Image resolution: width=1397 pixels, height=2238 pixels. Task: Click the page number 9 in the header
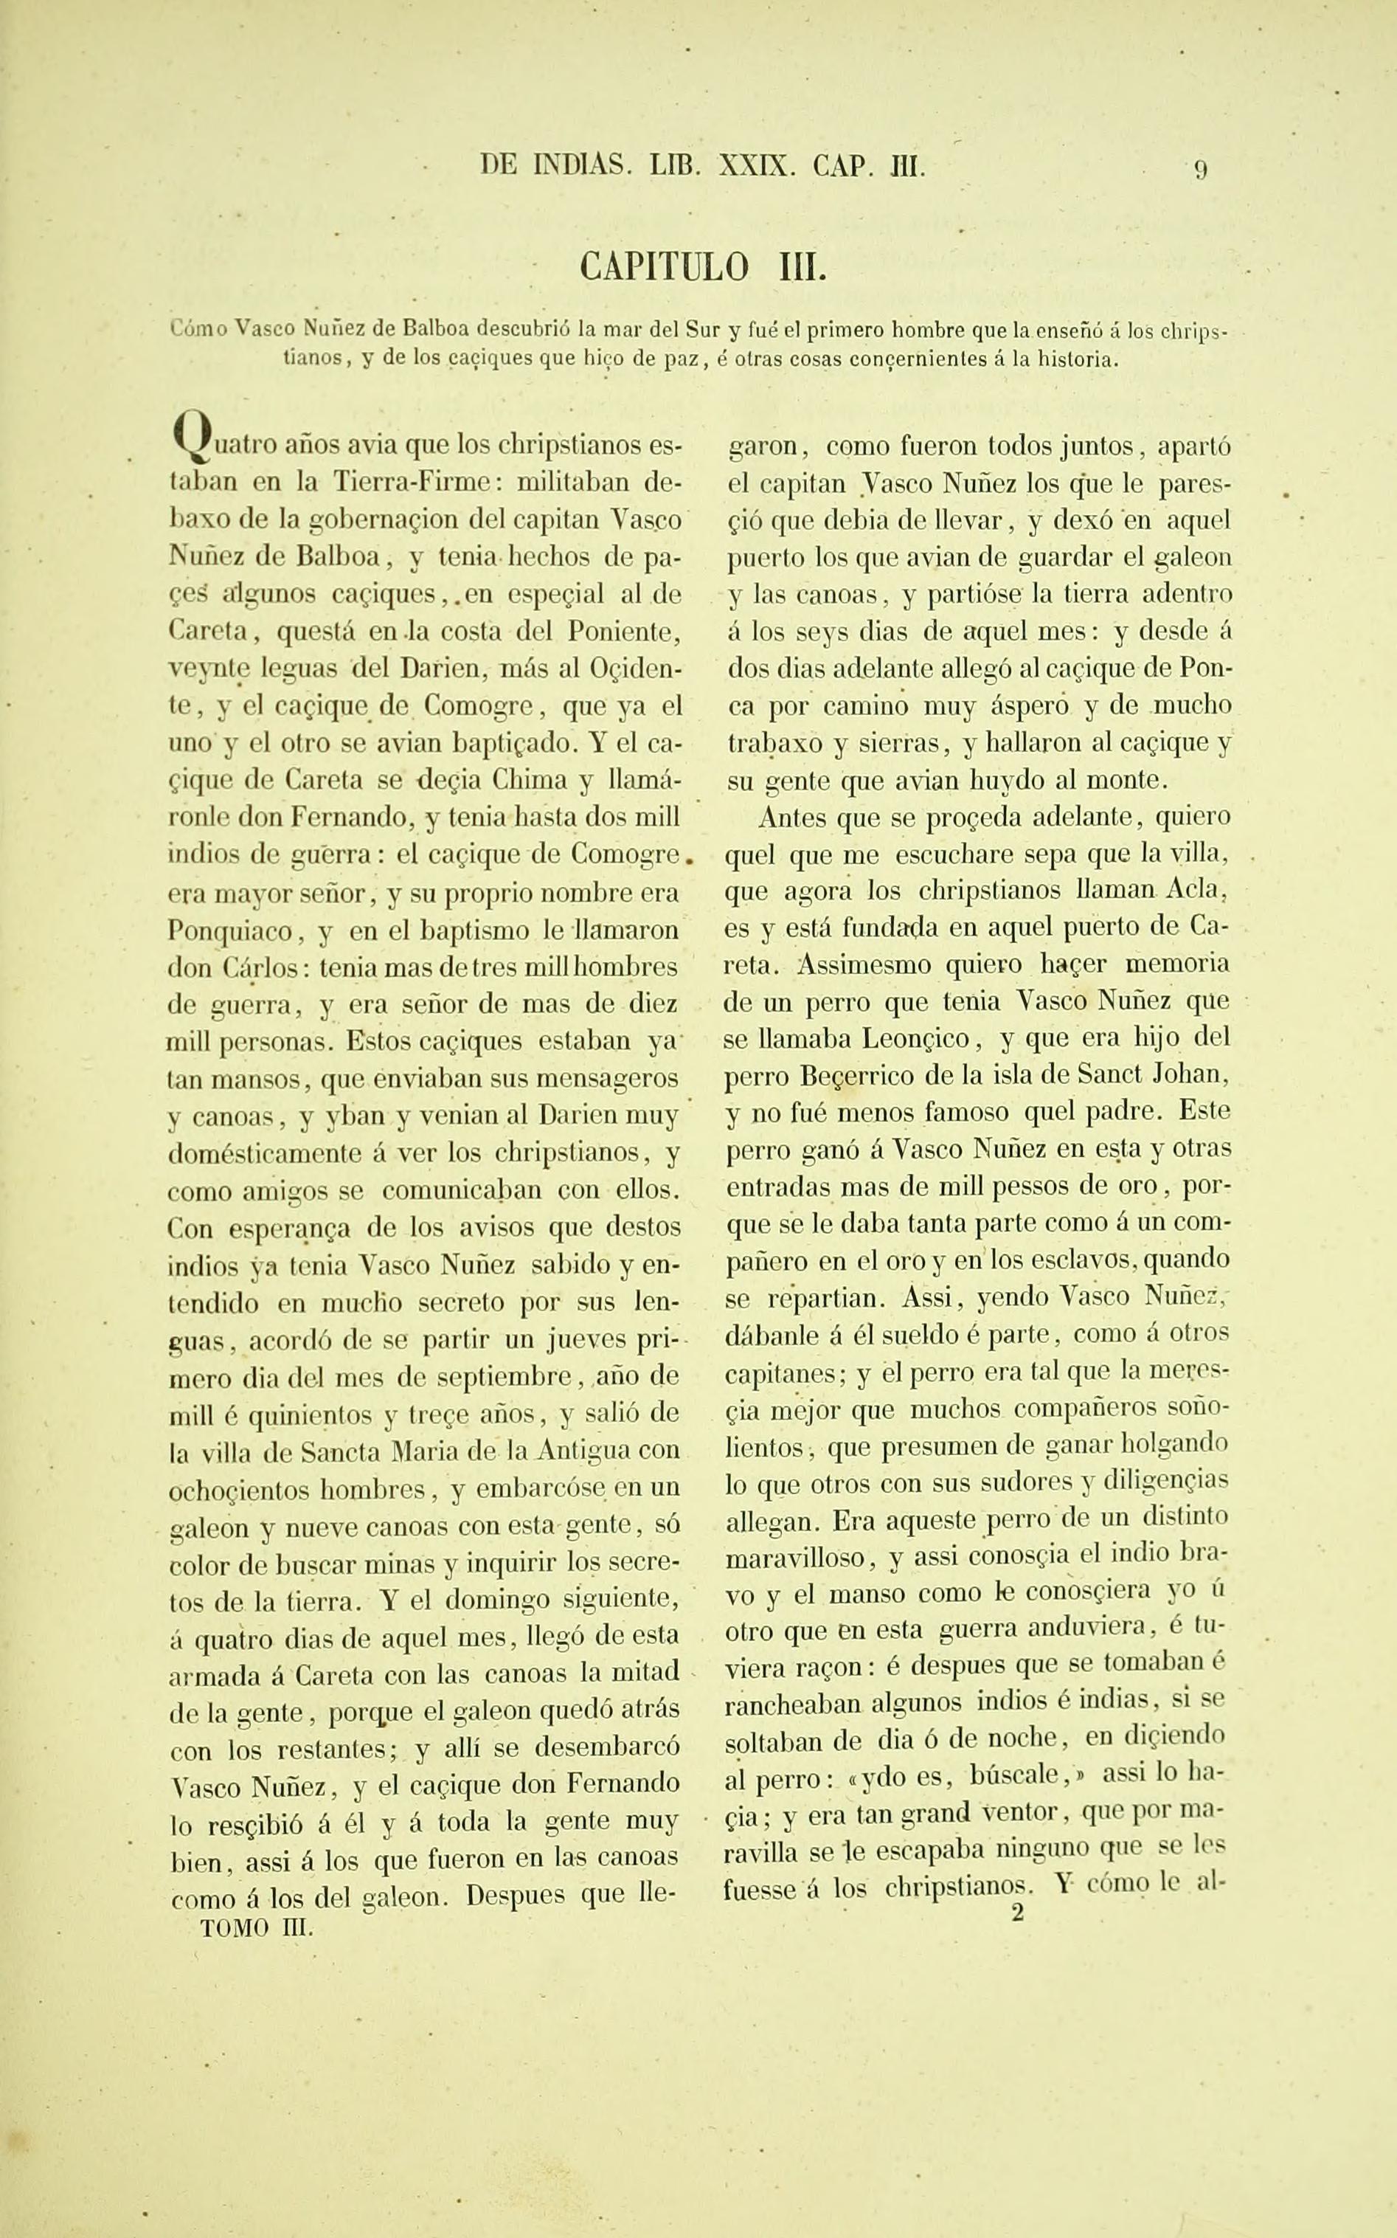[1201, 170]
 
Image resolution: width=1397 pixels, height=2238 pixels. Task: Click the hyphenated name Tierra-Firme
[411, 483]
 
